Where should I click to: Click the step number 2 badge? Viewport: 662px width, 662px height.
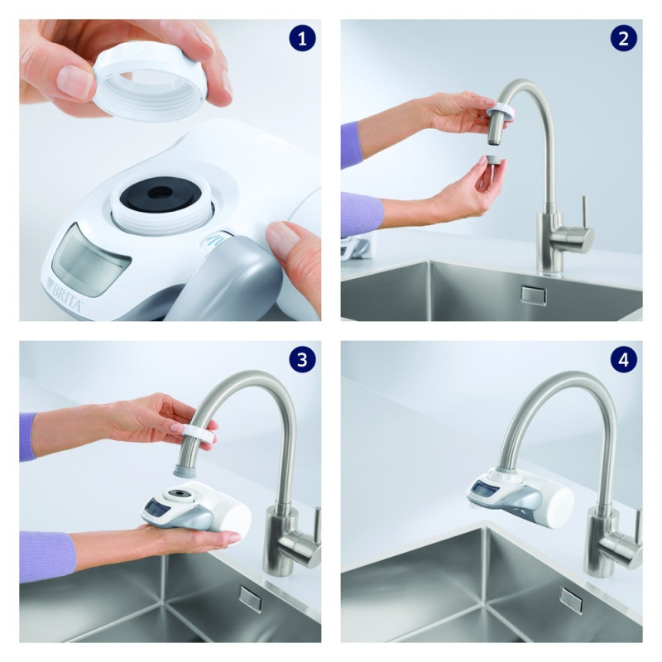point(622,38)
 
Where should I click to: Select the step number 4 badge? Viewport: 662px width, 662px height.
point(622,359)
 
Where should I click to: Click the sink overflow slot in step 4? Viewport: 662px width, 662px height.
point(571,599)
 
